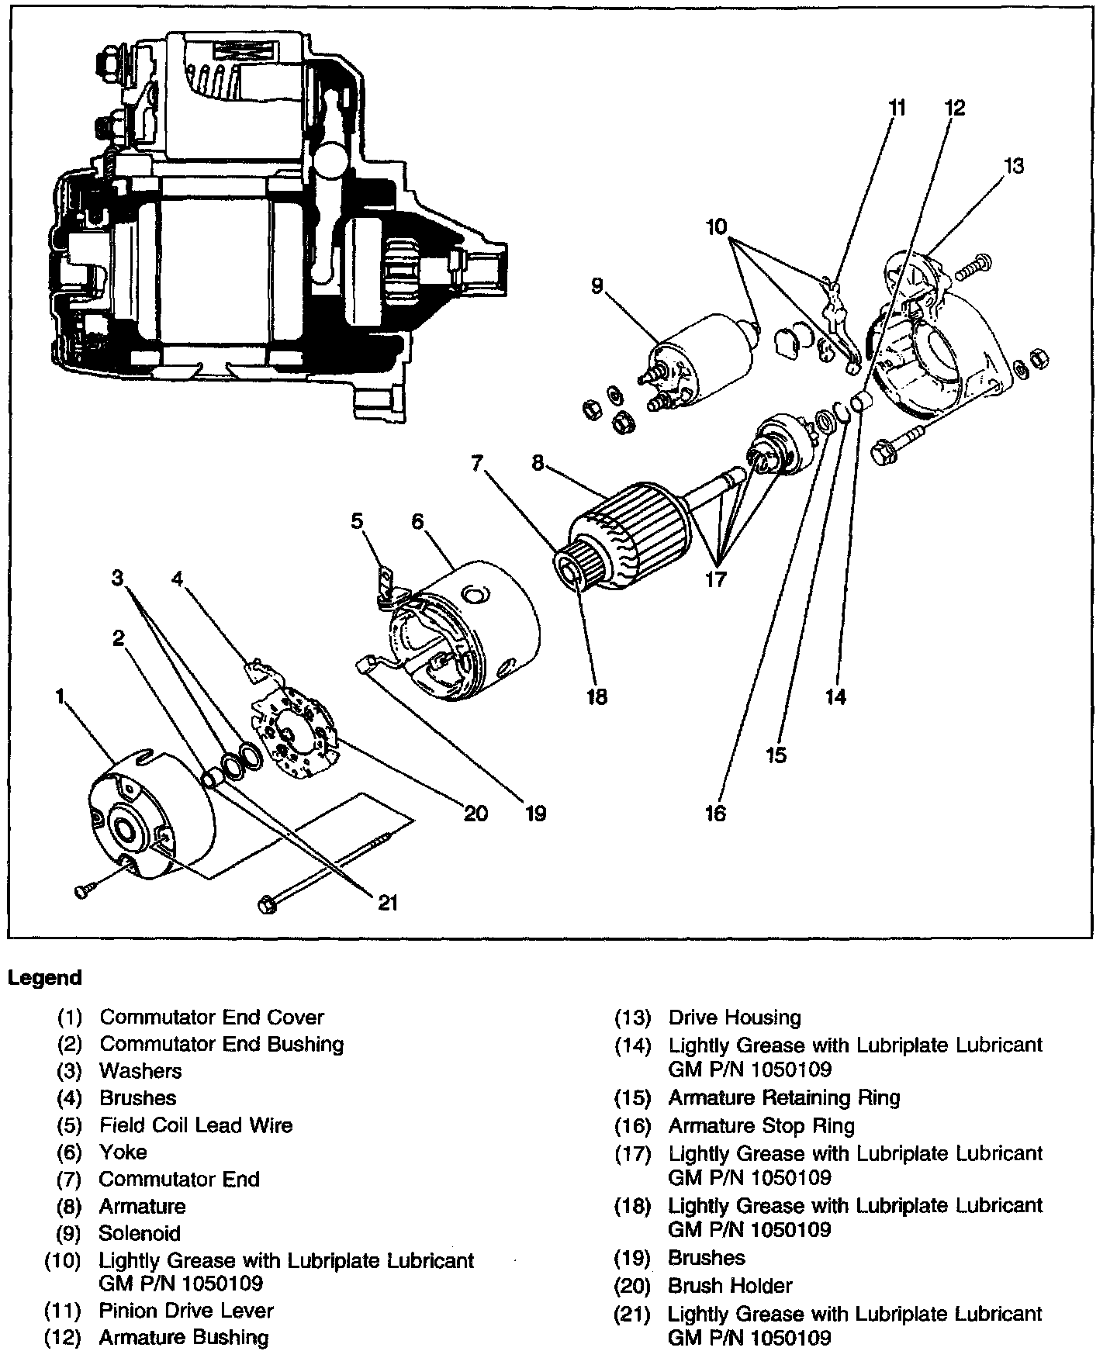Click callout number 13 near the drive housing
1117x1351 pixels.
point(1013,166)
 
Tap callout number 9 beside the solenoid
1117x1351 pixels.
point(597,286)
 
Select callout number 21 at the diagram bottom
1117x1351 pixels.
point(388,903)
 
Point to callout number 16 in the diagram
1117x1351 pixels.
point(715,813)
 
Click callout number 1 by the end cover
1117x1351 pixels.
point(60,697)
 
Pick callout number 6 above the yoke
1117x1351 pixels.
point(418,522)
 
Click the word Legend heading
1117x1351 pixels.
point(45,978)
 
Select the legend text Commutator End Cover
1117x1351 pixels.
point(212,1017)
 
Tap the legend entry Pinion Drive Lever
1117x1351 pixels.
point(186,1311)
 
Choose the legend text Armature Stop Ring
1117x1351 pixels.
point(761,1125)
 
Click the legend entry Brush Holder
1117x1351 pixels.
point(730,1286)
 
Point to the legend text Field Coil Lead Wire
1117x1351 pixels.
point(196,1125)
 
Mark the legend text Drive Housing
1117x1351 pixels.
point(735,1018)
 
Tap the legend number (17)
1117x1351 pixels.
point(631,1154)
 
